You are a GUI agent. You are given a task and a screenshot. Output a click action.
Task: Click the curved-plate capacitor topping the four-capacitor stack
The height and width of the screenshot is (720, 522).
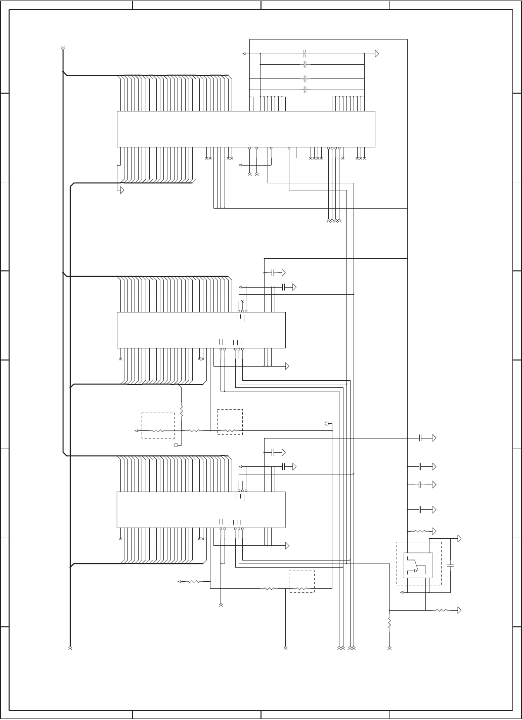pyautogui.click(x=305, y=53)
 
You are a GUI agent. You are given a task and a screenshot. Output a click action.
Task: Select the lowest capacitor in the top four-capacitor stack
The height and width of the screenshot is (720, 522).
pyautogui.click(x=305, y=90)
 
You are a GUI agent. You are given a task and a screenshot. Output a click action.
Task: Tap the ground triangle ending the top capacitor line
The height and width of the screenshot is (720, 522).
pyautogui.click(x=377, y=54)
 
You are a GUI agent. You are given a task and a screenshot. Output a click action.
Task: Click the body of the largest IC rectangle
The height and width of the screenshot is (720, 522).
pyautogui.click(x=246, y=129)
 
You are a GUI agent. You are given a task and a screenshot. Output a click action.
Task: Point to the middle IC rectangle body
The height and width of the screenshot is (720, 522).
pyautogui.click(x=201, y=330)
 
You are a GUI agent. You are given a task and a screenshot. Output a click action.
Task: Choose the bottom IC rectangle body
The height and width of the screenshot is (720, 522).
pyautogui.click(x=201, y=509)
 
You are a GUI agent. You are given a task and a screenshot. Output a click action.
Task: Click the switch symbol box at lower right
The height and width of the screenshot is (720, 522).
pyautogui.click(x=418, y=565)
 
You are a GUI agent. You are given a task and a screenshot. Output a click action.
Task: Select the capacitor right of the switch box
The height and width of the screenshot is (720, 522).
pyautogui.click(x=451, y=564)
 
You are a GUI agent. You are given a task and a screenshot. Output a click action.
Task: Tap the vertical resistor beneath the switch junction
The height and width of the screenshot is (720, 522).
pyautogui.click(x=389, y=622)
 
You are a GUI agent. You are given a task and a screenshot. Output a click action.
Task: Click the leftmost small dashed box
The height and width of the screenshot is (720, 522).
pyautogui.click(x=158, y=425)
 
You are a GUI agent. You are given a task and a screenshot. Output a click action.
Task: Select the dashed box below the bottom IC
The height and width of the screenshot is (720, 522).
pyautogui.click(x=301, y=581)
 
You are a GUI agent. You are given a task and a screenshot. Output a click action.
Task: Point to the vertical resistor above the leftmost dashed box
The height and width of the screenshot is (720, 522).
pyautogui.click(x=181, y=411)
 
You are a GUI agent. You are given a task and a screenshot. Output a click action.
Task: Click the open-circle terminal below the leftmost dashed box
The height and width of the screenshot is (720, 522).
pyautogui.click(x=176, y=445)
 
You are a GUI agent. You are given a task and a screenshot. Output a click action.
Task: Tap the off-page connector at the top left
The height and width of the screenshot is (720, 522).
pyautogui.click(x=63, y=49)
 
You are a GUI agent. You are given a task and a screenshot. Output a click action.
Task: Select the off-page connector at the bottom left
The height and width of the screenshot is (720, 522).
pyautogui.click(x=70, y=648)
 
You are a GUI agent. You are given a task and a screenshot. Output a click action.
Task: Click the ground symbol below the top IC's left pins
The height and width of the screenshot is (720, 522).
pyautogui.click(x=121, y=190)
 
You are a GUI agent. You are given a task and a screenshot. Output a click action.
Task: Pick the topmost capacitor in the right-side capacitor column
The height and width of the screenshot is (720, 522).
pyautogui.click(x=420, y=438)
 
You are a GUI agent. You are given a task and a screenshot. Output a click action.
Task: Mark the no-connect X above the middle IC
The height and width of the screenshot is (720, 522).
pyautogui.click(x=242, y=302)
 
